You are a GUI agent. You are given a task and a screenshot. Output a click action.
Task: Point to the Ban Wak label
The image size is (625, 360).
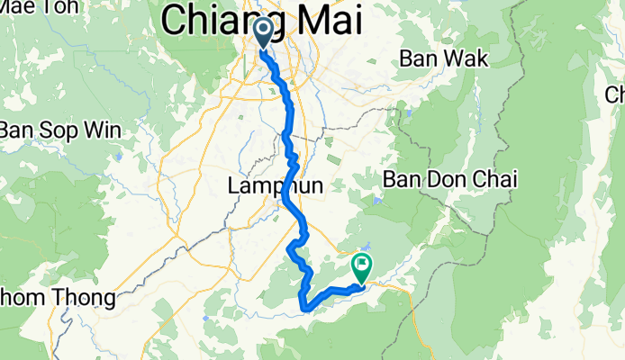point(444,60)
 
